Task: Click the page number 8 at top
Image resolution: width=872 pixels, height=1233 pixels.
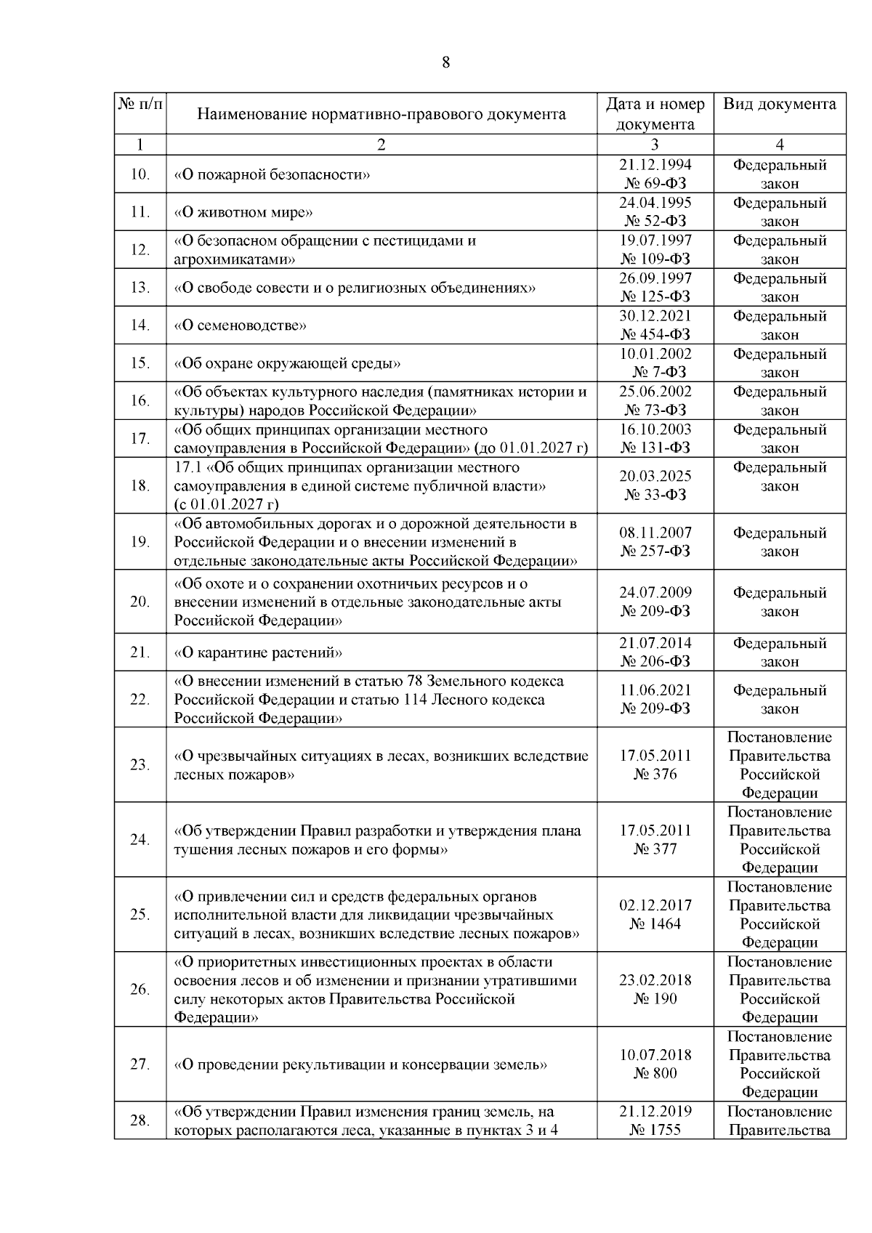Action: click(x=446, y=62)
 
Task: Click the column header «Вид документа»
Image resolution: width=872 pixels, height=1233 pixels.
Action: click(x=779, y=104)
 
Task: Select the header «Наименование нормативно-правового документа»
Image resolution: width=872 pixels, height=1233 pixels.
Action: click(x=381, y=114)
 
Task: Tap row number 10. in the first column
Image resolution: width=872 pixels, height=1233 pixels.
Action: click(x=140, y=174)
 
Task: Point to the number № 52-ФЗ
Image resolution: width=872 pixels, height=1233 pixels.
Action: click(x=655, y=221)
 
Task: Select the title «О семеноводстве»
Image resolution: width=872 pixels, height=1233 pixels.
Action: click(x=240, y=326)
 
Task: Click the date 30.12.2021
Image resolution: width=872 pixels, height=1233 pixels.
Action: click(x=655, y=316)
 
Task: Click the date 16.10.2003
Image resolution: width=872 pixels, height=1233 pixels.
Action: click(x=655, y=429)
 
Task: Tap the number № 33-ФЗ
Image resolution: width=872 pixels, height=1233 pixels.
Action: click(x=655, y=495)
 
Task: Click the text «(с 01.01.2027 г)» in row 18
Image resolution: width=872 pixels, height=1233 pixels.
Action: click(x=226, y=504)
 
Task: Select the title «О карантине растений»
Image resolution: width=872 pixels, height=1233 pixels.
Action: click(x=258, y=652)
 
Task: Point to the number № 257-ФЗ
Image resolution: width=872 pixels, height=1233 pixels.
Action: click(x=655, y=551)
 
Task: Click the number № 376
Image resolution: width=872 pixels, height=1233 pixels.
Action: click(x=655, y=775)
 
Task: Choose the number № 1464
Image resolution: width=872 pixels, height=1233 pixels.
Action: click(x=655, y=924)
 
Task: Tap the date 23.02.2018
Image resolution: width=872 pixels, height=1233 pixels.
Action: click(x=655, y=980)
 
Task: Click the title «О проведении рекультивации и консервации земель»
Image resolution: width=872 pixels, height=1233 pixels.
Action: click(x=360, y=1064)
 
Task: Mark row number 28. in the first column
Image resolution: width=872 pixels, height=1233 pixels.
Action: click(x=140, y=1121)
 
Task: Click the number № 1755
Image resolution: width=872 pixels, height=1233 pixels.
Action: click(x=655, y=1131)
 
